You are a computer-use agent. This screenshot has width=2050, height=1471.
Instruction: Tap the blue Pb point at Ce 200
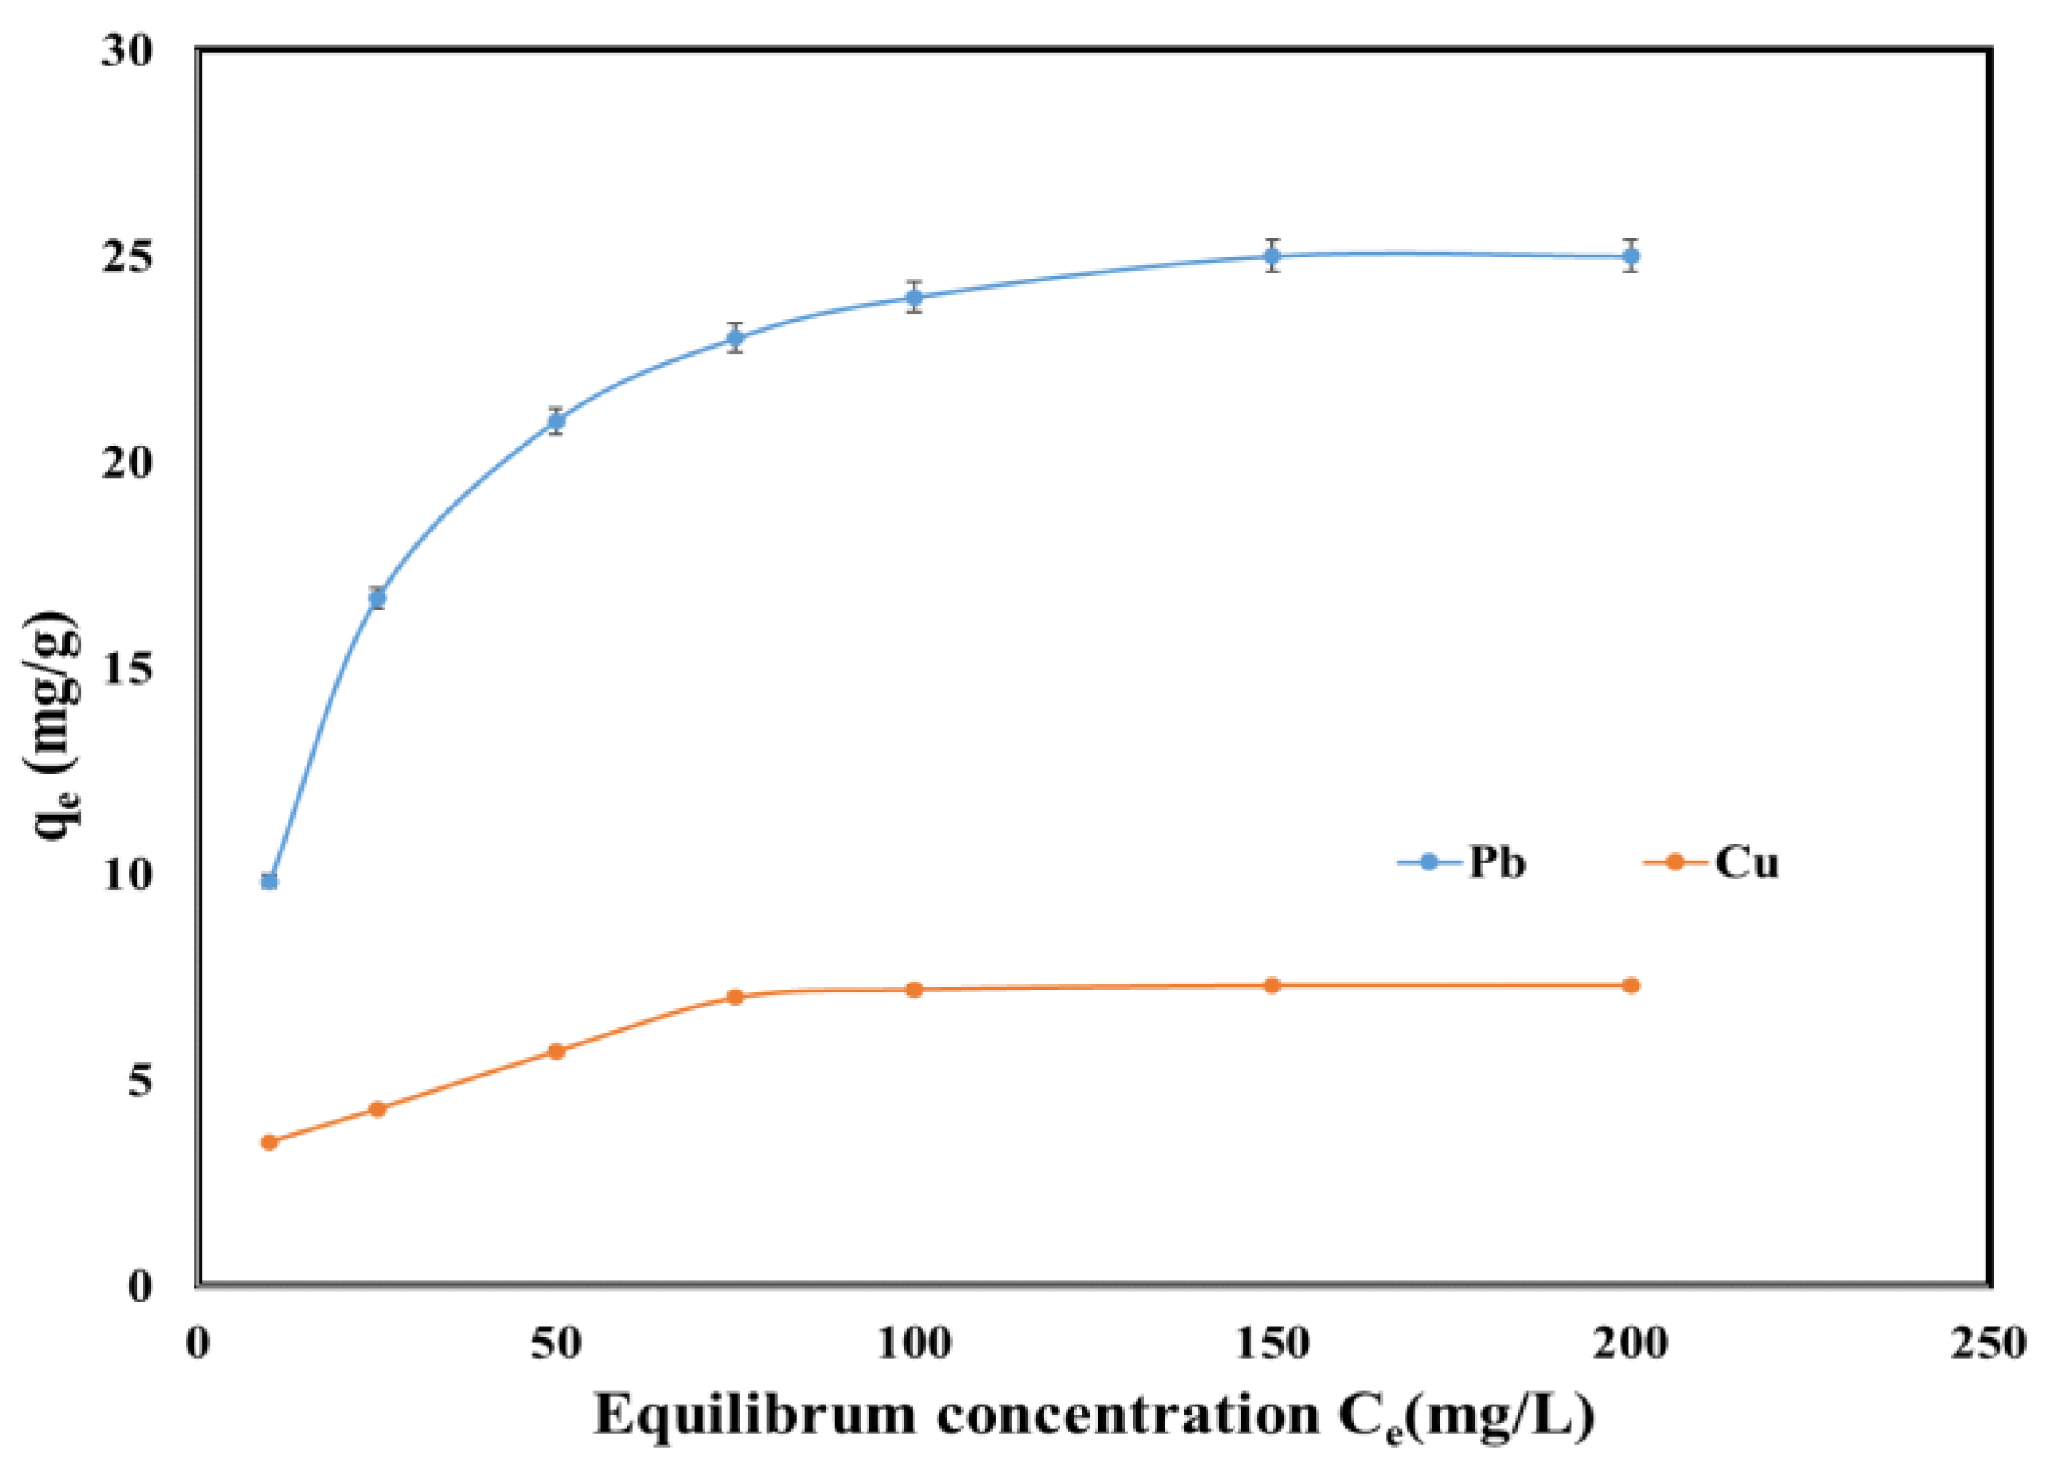point(1630,255)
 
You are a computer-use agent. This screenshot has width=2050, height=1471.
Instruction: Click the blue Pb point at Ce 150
point(1272,255)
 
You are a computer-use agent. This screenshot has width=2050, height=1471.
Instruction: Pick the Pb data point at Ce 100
point(913,297)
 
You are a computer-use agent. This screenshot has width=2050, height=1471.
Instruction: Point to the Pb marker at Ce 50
point(556,421)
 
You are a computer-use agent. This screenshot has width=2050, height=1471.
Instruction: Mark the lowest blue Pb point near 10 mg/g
point(269,881)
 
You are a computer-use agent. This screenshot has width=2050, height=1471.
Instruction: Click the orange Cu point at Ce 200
point(1630,985)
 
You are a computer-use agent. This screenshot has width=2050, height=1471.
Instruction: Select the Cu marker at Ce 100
point(913,989)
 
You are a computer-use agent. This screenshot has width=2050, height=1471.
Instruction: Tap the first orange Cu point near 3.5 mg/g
point(269,1142)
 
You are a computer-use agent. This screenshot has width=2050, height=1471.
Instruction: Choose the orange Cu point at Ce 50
point(556,1051)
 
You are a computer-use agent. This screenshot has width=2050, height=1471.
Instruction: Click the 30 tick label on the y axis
point(127,51)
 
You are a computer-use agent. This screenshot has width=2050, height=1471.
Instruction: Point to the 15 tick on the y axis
point(127,669)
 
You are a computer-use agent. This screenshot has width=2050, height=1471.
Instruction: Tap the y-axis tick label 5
point(140,1080)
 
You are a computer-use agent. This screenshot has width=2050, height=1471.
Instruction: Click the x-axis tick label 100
point(913,1345)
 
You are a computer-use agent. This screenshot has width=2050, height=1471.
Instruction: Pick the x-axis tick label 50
point(556,1345)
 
